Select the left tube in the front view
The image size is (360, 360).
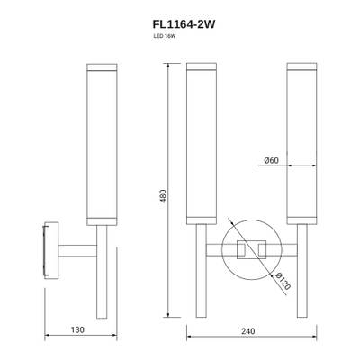[x=198, y=144]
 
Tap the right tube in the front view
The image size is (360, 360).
[x=299, y=144]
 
